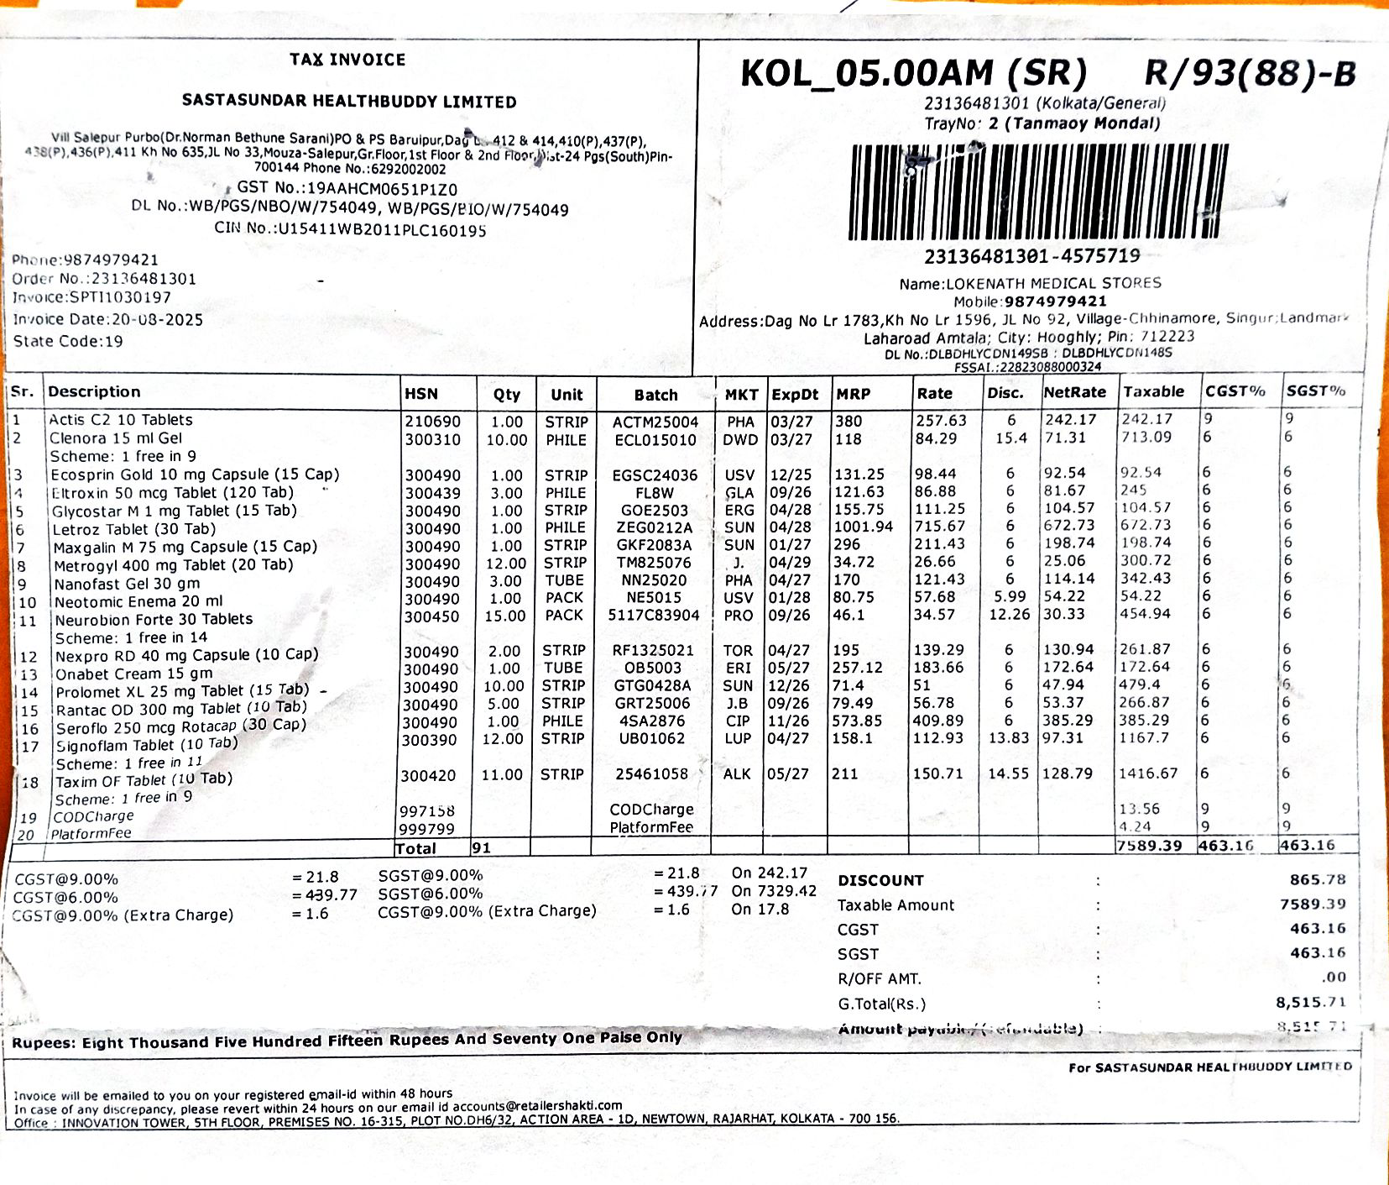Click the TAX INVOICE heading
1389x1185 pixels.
[x=347, y=60]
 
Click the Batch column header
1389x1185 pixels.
[x=655, y=395]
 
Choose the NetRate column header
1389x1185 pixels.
[x=1074, y=392]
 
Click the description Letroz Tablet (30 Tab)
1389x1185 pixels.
[x=134, y=529]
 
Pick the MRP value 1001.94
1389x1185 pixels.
[x=864, y=527]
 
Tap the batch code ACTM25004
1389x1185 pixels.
[x=655, y=422]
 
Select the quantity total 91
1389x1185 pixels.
[x=481, y=848]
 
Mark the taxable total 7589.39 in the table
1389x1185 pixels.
[x=1149, y=845]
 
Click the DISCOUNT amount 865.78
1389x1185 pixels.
[x=1318, y=879]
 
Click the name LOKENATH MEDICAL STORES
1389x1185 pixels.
[x=1053, y=283]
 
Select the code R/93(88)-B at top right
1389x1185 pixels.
[x=1250, y=74]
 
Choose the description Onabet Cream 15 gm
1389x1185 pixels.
[x=134, y=674]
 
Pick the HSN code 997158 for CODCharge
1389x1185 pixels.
[x=427, y=810]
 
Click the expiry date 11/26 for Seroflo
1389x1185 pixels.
[x=788, y=721]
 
